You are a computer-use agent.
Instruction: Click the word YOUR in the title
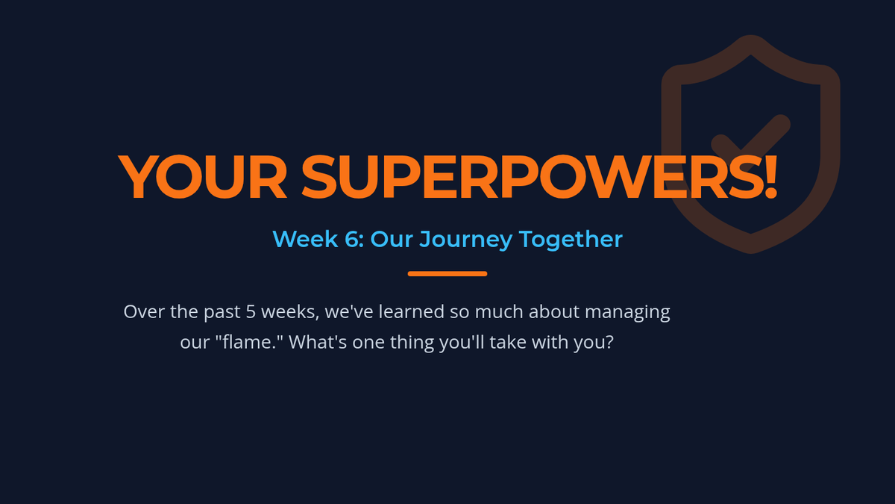click(202, 177)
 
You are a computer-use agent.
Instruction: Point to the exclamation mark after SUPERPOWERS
click(771, 177)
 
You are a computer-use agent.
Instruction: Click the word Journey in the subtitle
click(466, 240)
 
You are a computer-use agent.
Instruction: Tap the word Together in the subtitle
click(571, 240)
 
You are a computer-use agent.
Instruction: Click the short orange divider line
click(447, 274)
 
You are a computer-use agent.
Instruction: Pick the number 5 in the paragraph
click(251, 311)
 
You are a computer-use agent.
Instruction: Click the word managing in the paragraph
click(627, 313)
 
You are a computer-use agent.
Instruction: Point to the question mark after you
click(609, 342)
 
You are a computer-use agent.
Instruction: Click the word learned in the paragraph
click(412, 311)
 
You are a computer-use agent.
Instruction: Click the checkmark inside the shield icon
click(750, 138)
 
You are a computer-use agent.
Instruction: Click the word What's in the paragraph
click(318, 342)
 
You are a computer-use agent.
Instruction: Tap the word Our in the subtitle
click(391, 239)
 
